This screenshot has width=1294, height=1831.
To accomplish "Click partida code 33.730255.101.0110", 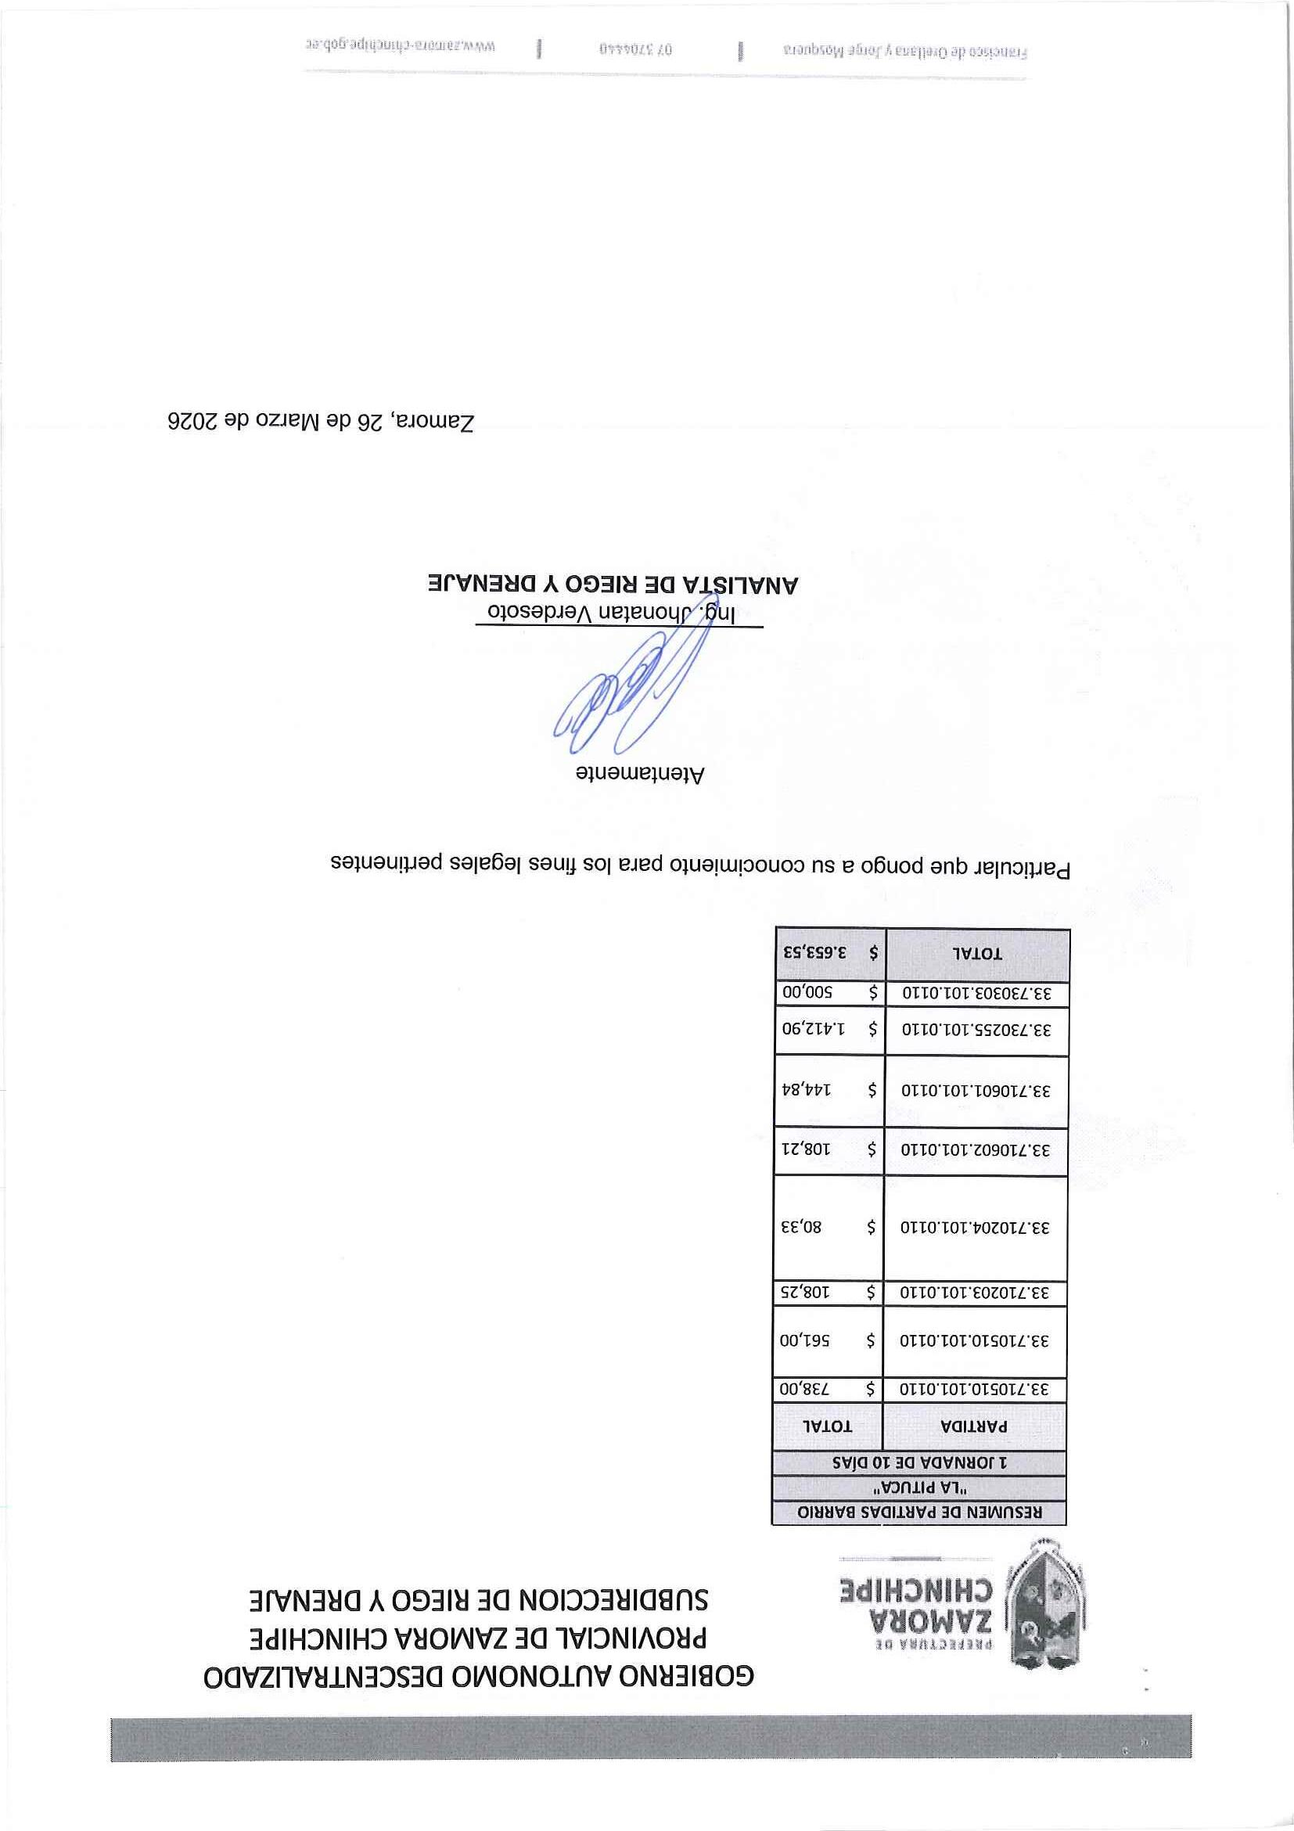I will point(976,1029).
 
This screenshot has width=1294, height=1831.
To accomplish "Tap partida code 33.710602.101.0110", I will point(975,1150).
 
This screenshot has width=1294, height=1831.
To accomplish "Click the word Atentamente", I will point(640,774).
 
